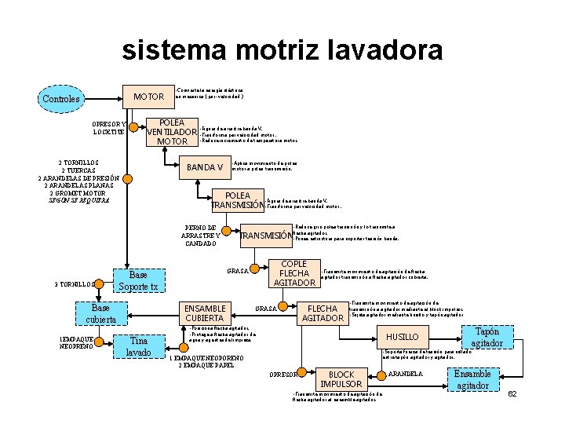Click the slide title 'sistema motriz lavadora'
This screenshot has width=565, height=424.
click(x=282, y=51)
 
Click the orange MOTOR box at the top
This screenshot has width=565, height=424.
click(x=148, y=97)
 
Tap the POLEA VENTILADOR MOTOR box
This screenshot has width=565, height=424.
click(x=172, y=132)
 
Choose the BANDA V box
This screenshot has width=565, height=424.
click(x=205, y=167)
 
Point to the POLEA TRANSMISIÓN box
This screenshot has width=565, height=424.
click(x=238, y=201)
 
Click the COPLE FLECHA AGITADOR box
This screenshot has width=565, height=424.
click(x=293, y=272)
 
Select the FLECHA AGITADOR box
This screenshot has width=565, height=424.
click(x=322, y=313)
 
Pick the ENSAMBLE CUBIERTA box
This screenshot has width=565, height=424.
click(x=205, y=313)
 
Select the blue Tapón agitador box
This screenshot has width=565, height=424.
click(x=487, y=338)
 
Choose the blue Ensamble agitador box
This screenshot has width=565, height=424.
click(x=472, y=379)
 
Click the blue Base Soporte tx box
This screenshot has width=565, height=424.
click(x=138, y=280)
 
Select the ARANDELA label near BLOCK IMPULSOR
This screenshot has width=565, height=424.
click(x=406, y=373)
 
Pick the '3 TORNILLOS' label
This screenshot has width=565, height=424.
click(x=75, y=284)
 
